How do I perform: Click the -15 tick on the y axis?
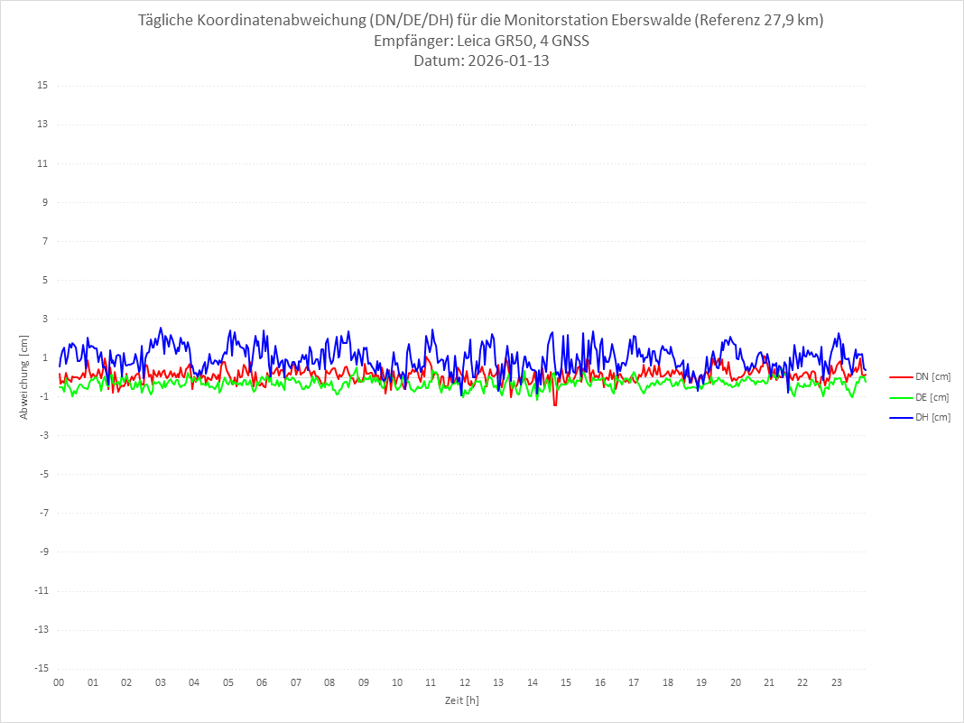(41, 669)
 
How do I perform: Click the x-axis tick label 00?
(59, 683)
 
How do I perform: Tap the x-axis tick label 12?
(465, 683)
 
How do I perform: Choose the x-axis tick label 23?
(837, 683)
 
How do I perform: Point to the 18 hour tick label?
(668, 683)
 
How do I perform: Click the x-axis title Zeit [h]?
(462, 700)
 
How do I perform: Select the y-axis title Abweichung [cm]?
(24, 376)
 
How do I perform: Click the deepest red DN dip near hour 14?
(555, 404)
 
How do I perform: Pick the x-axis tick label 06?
(262, 683)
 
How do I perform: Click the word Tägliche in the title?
(168, 20)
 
